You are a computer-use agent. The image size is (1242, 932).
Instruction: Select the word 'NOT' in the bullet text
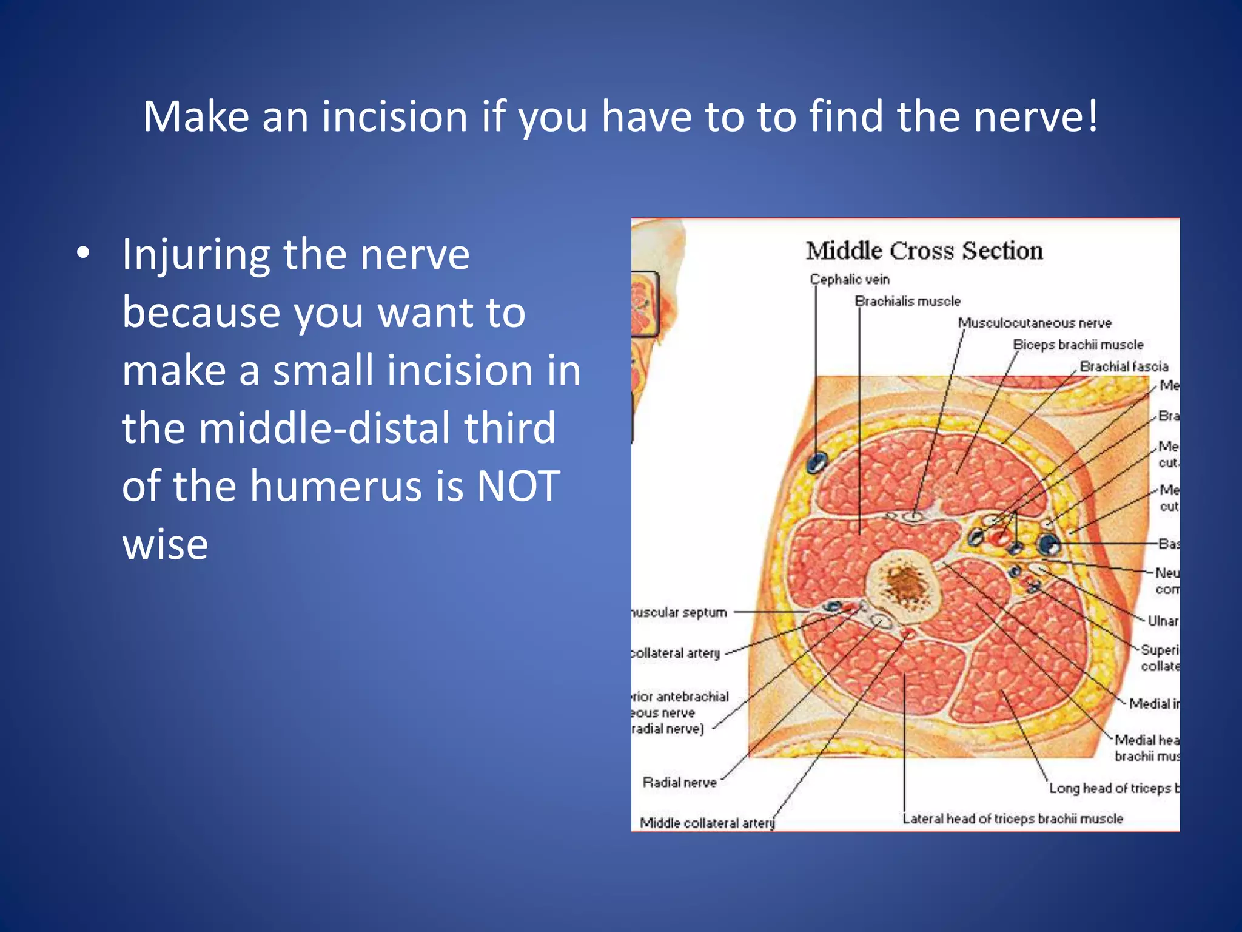[x=518, y=486]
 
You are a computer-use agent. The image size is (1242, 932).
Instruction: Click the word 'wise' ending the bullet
[x=165, y=544]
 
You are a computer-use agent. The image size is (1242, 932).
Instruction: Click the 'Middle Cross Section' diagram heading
[x=924, y=251]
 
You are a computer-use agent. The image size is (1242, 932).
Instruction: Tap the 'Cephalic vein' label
[x=849, y=279]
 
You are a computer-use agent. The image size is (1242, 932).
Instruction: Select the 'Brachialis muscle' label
[x=907, y=301]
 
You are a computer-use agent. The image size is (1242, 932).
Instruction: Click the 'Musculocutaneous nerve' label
[x=1035, y=323]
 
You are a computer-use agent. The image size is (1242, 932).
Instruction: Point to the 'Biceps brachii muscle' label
[x=1078, y=345]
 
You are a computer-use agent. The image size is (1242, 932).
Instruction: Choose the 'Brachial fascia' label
[x=1124, y=366]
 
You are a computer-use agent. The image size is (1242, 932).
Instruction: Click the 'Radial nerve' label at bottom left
[x=679, y=783]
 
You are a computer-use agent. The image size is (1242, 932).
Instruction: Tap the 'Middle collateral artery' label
[x=707, y=823]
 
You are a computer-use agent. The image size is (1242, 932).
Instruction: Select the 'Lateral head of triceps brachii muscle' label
[x=1012, y=819]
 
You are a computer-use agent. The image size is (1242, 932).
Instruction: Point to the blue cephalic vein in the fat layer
[x=816, y=463]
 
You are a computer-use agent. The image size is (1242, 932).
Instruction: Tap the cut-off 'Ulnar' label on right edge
[x=1163, y=621]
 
